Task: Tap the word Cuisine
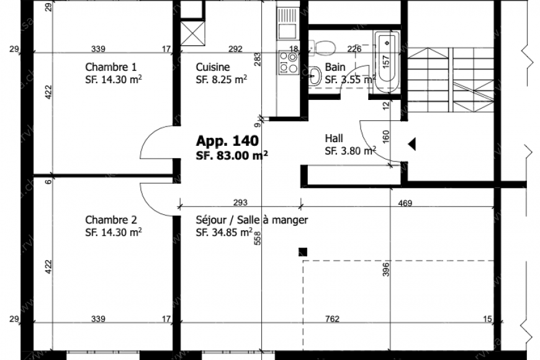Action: [213, 68]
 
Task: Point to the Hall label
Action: [334, 138]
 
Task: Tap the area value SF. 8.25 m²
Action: [222, 80]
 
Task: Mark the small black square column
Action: [303, 251]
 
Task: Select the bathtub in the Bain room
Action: [385, 61]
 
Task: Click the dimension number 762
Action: [332, 320]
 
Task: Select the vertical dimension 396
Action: [386, 271]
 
